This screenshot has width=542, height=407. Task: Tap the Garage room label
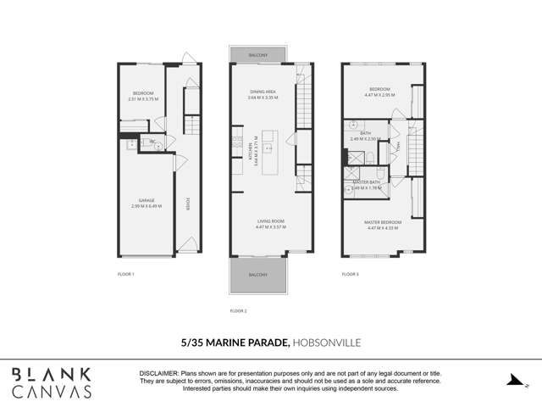(x=146, y=203)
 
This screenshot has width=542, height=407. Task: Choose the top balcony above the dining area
(x=258, y=55)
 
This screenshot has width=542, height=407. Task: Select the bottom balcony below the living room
(x=258, y=275)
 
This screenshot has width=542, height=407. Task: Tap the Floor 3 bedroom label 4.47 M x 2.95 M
(x=379, y=92)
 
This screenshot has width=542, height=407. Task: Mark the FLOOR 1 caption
(x=125, y=275)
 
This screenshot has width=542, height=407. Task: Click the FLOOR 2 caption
(x=239, y=311)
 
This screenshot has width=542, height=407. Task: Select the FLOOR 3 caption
(x=351, y=275)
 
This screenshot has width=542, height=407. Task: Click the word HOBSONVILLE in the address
(x=327, y=343)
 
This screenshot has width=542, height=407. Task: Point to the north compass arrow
(x=514, y=381)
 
